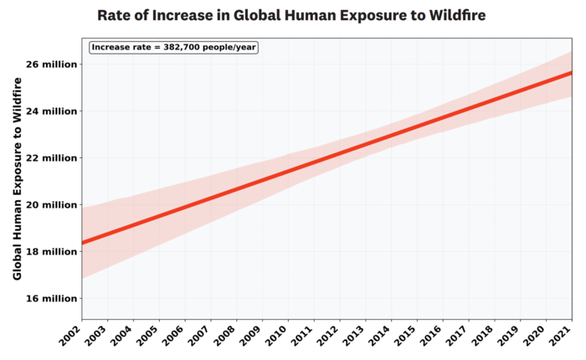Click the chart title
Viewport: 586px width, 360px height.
click(x=291, y=15)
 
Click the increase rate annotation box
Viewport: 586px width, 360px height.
click(x=174, y=47)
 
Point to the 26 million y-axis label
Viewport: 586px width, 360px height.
click(x=49, y=64)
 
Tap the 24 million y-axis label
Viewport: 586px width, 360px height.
click(x=49, y=111)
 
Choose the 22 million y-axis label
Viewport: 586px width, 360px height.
click(x=49, y=157)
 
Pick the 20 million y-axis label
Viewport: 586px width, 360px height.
click(x=49, y=204)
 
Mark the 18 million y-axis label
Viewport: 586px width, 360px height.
click(x=49, y=251)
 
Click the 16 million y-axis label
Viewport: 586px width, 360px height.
click(x=49, y=298)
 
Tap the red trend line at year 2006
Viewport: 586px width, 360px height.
click(x=185, y=207)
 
